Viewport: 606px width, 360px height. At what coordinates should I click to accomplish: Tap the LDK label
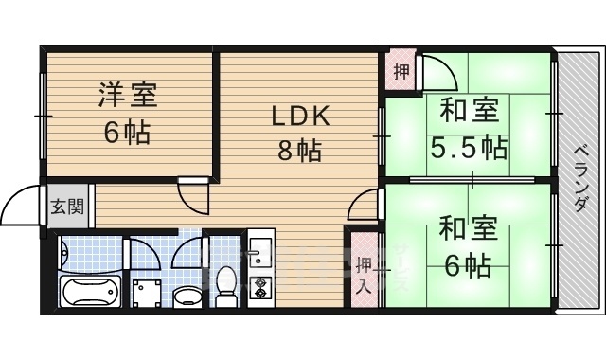pos(300,117)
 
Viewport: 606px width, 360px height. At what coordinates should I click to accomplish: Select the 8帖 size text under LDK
pos(299,149)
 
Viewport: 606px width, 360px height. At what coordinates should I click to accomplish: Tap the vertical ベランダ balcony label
pos(580,180)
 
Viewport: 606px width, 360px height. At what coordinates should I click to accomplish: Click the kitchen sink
pos(259,252)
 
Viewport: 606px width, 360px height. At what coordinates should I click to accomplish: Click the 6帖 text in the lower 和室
pos(468,265)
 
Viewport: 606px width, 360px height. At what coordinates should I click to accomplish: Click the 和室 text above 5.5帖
pos(468,112)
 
